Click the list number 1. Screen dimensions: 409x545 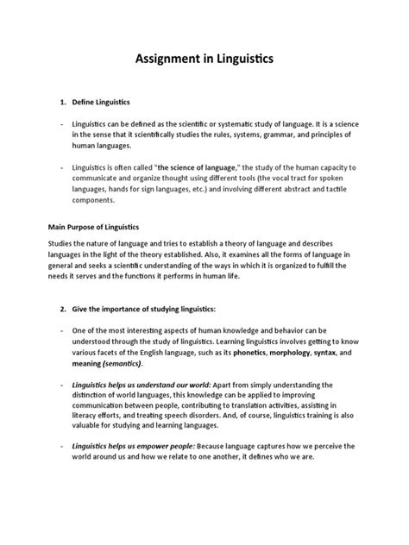pos(62,103)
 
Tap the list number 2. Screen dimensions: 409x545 pos(62,308)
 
